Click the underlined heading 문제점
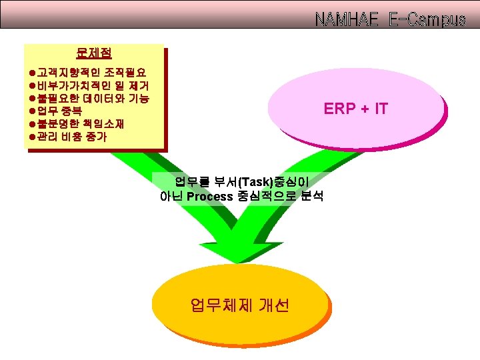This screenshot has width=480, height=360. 94,52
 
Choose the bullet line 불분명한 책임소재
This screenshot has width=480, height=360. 80,124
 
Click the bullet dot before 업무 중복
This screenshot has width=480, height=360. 32,111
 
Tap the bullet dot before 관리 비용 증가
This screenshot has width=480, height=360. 32,137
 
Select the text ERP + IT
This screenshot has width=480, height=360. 356,109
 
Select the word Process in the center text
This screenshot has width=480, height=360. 209,196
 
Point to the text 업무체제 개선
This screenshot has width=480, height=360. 239,305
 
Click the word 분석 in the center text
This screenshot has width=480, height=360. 310,196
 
